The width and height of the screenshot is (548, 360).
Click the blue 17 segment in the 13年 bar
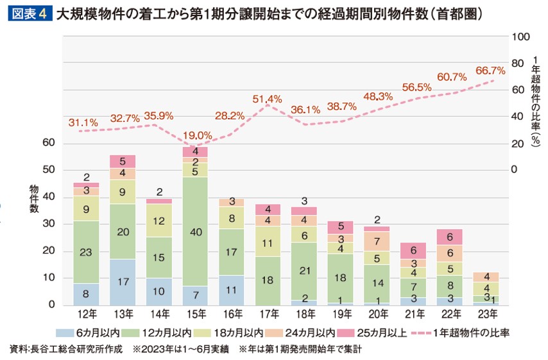[122, 282]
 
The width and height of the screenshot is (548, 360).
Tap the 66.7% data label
[490, 70]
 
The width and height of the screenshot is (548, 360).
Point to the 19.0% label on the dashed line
[197, 135]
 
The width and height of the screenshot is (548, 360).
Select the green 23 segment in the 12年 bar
[86, 252]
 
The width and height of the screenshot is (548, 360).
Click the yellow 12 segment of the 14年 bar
[158, 220]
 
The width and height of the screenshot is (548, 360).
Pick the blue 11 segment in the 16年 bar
[231, 290]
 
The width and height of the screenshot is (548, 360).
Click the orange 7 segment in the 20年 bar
[376, 241]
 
